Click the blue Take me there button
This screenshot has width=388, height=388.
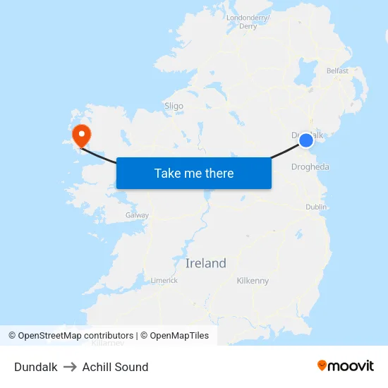(x=194, y=173)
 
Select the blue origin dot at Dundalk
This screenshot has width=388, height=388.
(x=306, y=140)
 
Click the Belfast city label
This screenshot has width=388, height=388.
(x=337, y=71)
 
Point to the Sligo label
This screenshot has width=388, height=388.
(x=174, y=106)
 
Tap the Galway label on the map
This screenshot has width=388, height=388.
(x=137, y=214)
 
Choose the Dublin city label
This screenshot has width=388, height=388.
(x=315, y=207)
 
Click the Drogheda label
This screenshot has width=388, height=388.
(x=310, y=167)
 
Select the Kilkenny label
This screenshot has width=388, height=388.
(x=253, y=281)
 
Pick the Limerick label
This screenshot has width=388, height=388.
(x=164, y=280)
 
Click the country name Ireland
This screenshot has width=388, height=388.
(x=206, y=263)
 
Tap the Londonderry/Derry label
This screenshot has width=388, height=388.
(x=248, y=22)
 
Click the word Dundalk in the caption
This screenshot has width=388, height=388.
(x=35, y=367)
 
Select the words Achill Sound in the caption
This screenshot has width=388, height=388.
(x=115, y=367)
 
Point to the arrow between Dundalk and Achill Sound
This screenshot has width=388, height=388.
(x=70, y=367)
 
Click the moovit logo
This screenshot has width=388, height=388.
(x=345, y=365)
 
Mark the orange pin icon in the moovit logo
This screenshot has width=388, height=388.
(x=322, y=365)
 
